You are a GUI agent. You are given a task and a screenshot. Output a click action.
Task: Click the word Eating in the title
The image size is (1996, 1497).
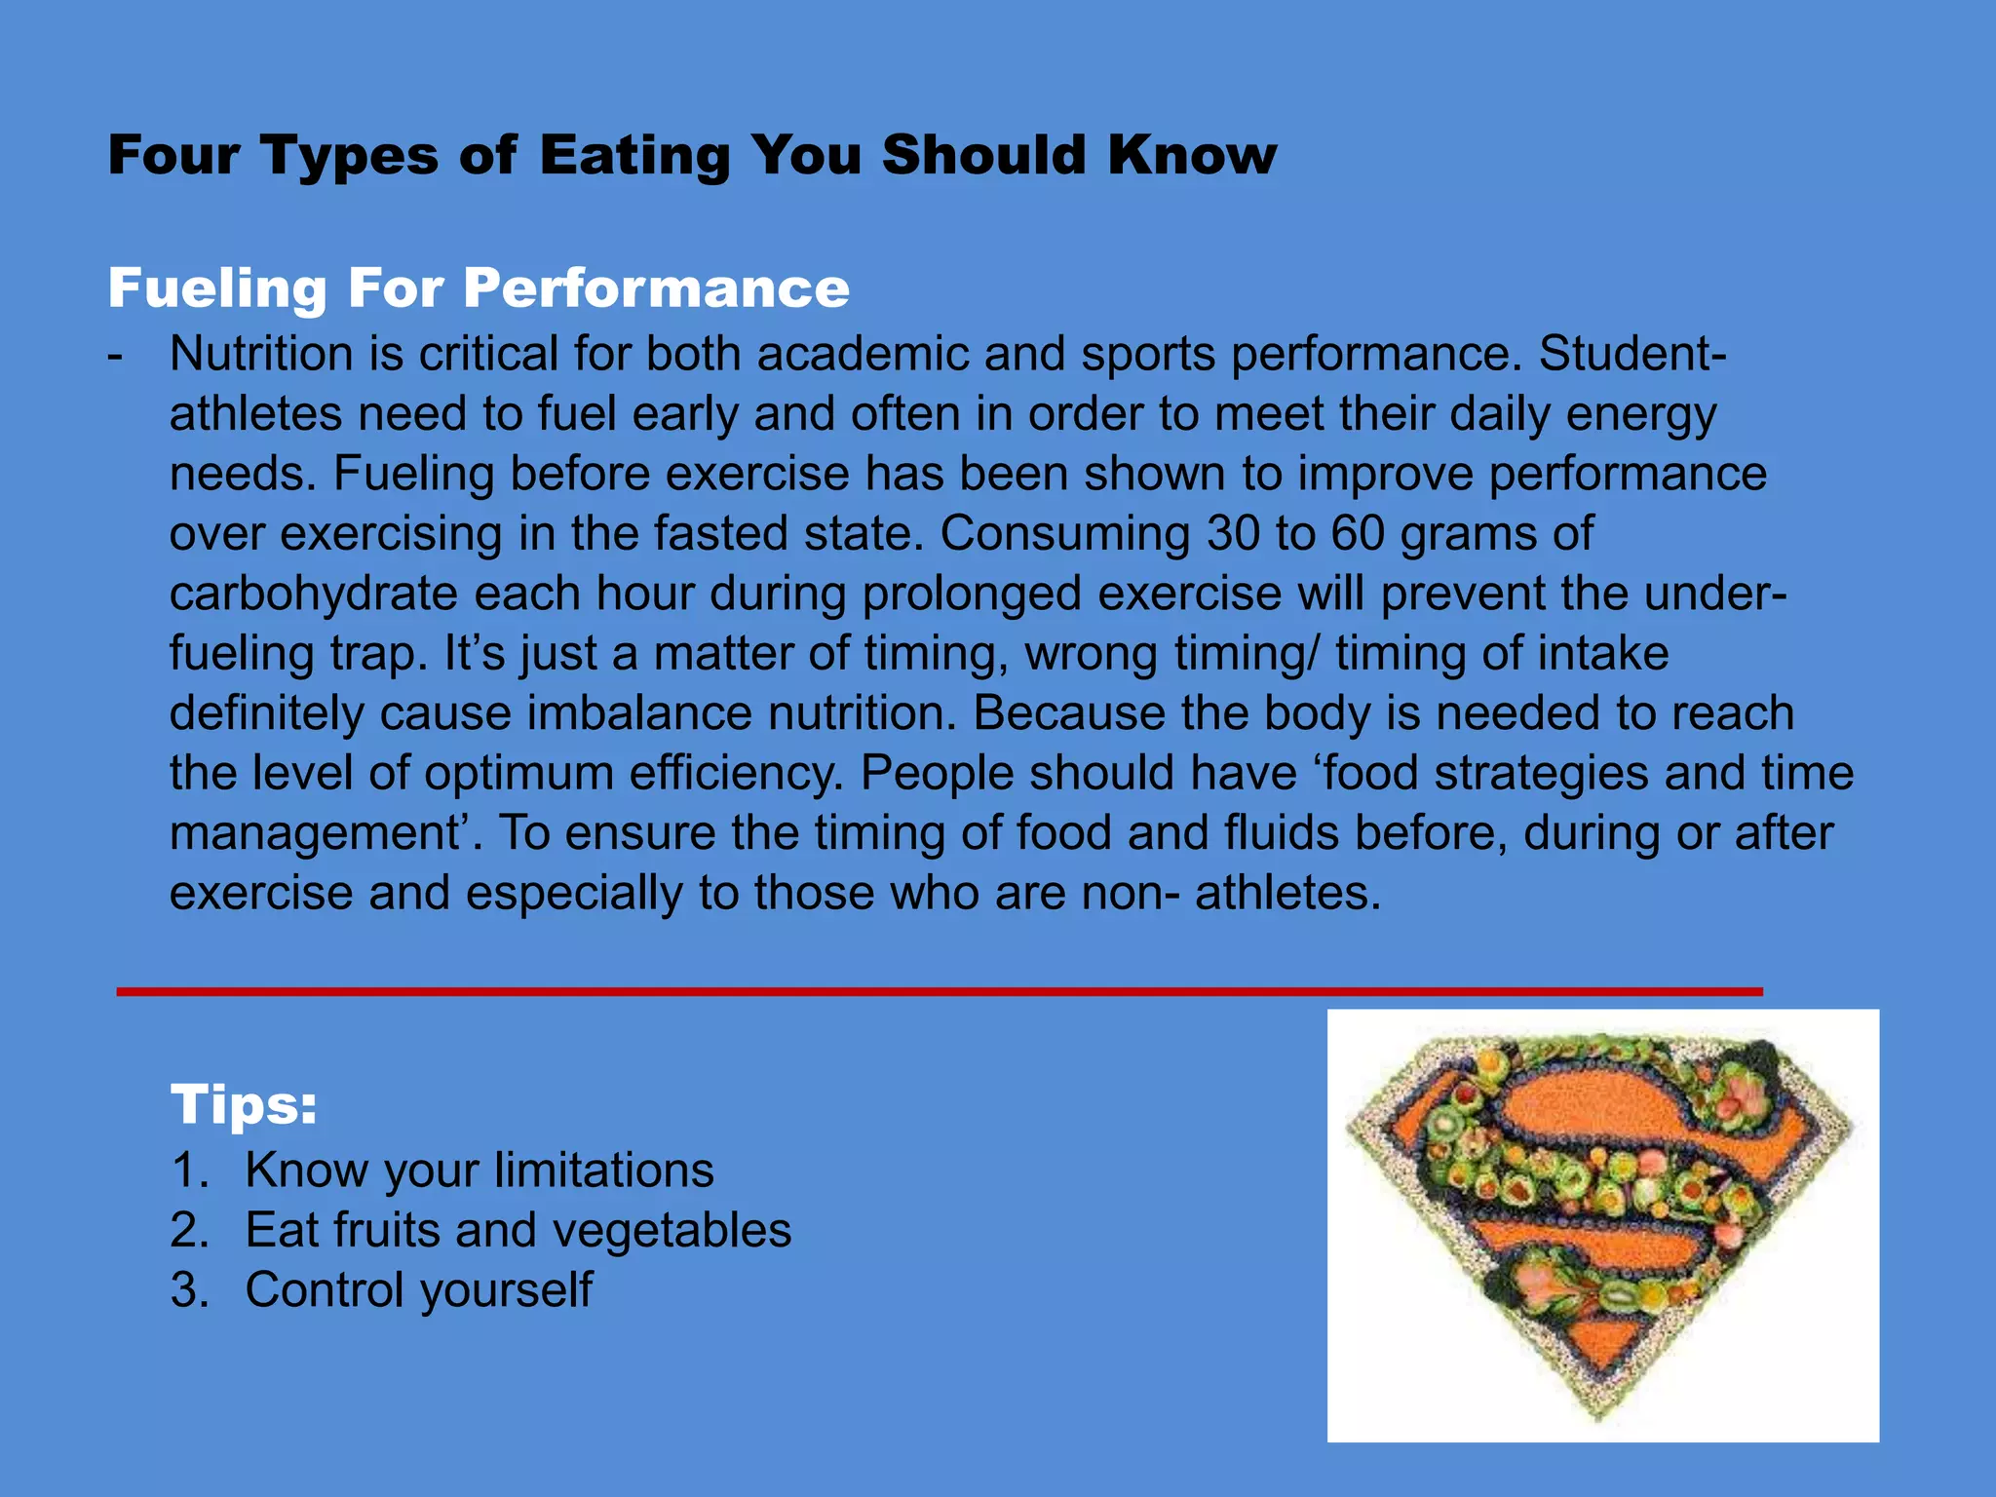(633, 156)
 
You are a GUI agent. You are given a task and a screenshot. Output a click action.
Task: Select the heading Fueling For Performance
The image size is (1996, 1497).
(479, 288)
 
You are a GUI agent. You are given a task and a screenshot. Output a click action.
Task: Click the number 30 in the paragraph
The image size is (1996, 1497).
(1235, 534)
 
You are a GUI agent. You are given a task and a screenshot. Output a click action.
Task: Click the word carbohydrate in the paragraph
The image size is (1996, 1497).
(312, 594)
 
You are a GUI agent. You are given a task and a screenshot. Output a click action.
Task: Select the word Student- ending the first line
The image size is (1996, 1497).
(1632, 354)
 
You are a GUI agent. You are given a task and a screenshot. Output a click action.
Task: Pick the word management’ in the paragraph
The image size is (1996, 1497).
(326, 834)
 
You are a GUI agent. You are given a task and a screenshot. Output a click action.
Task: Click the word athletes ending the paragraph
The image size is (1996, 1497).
(1287, 894)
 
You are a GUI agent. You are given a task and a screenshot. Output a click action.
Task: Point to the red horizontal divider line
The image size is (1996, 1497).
(940, 991)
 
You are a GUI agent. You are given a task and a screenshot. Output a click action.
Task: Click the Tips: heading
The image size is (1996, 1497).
(244, 1105)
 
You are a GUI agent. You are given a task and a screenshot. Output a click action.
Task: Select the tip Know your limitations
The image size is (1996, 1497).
(479, 1171)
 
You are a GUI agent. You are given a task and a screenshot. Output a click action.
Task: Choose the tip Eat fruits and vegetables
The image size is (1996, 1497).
(518, 1230)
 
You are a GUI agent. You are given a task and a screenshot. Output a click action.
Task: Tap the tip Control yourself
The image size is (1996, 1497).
(418, 1290)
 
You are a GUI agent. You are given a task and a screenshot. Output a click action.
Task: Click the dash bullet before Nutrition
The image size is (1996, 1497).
(116, 356)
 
